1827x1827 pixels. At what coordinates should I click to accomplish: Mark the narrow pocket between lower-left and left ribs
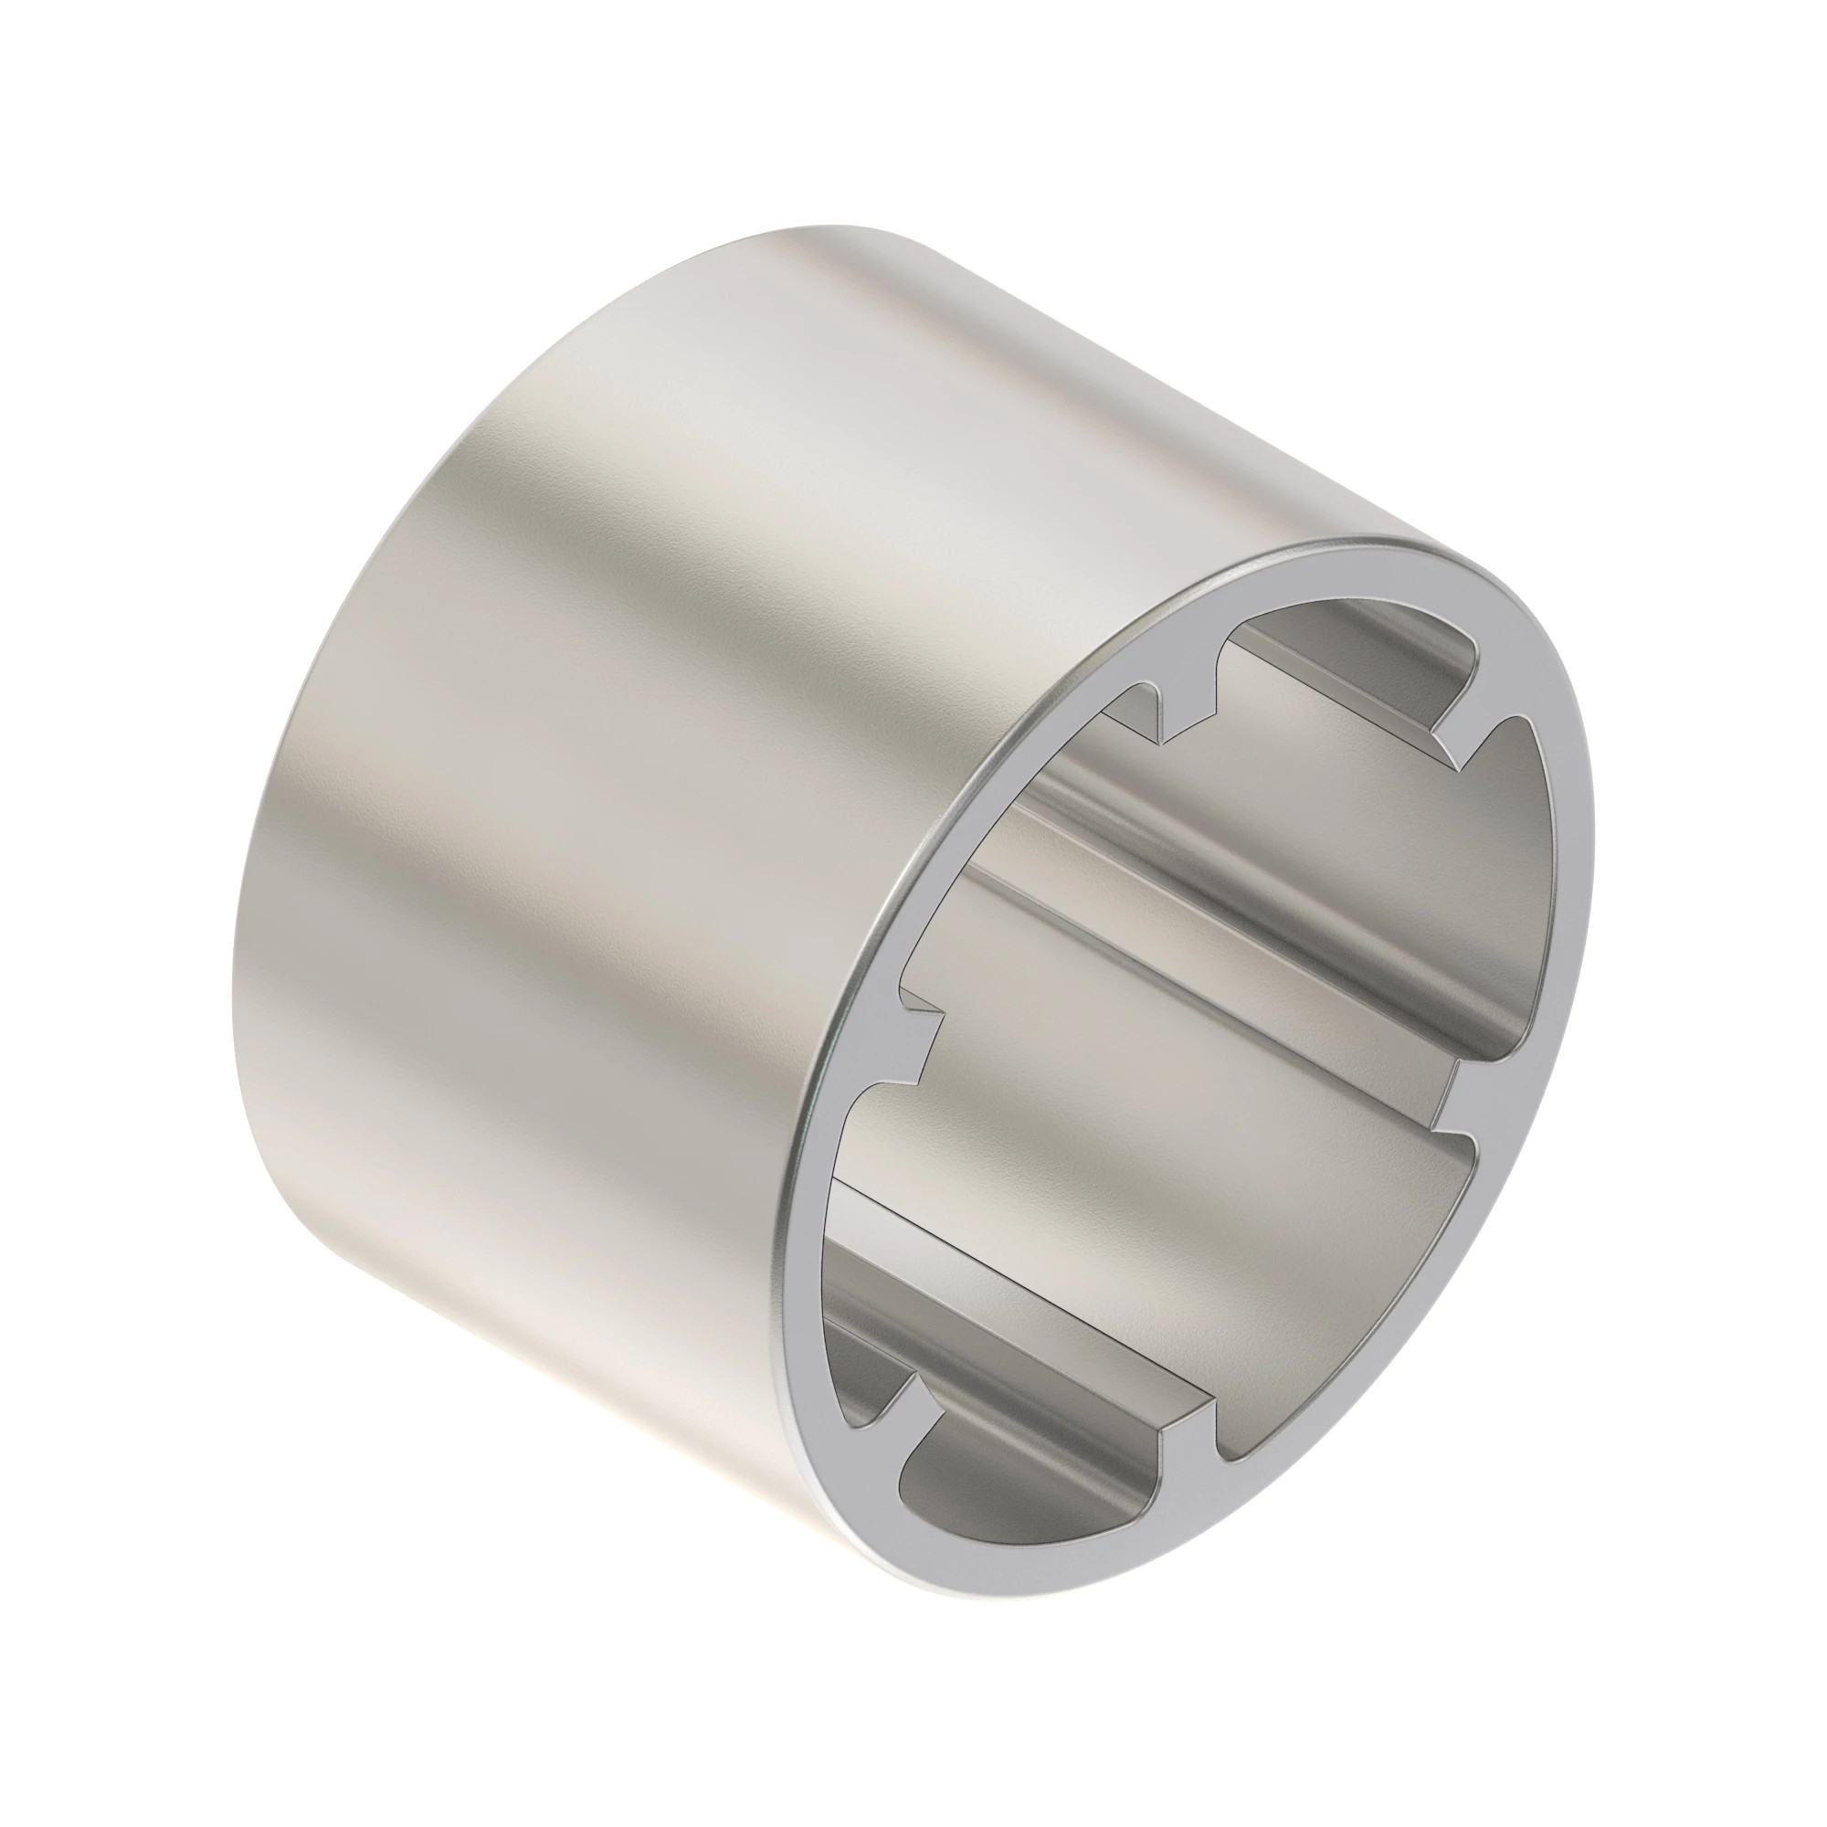point(851,1305)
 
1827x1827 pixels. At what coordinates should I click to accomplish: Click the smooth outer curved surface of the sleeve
point(662,756)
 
